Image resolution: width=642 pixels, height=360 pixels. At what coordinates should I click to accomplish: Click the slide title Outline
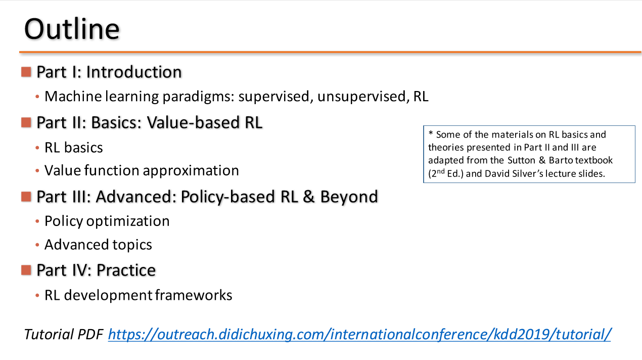click(72, 29)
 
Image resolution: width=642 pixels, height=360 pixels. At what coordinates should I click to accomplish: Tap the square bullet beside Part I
click(26, 72)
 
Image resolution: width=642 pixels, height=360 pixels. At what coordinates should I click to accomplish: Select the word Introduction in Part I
click(134, 72)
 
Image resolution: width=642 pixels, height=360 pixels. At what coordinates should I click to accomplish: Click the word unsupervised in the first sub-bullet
click(362, 97)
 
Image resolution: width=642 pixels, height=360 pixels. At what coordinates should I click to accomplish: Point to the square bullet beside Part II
click(26, 123)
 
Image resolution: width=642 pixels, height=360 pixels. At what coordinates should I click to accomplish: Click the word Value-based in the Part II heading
click(193, 123)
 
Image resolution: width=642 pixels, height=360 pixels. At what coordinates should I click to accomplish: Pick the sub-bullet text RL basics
click(74, 148)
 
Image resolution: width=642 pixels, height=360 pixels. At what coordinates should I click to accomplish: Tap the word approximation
click(191, 171)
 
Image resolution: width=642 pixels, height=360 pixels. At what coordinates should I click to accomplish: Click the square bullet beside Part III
click(26, 197)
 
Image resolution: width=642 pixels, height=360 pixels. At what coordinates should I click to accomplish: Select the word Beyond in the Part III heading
click(349, 197)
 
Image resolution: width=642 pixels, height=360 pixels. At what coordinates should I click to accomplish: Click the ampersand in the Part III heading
click(308, 197)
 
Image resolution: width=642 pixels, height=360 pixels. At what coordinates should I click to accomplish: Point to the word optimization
click(128, 221)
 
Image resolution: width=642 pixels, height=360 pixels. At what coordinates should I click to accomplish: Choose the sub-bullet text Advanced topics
click(98, 245)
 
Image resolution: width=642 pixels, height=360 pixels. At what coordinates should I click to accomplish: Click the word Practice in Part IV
click(126, 271)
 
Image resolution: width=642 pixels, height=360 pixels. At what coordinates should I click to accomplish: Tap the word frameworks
click(194, 295)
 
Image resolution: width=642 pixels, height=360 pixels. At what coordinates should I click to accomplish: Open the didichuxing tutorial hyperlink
click(359, 335)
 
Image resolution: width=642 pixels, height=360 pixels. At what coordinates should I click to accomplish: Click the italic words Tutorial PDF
click(64, 334)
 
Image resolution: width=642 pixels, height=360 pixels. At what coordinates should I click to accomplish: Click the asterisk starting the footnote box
click(431, 133)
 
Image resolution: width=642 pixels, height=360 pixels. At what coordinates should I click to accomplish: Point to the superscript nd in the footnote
click(440, 171)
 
